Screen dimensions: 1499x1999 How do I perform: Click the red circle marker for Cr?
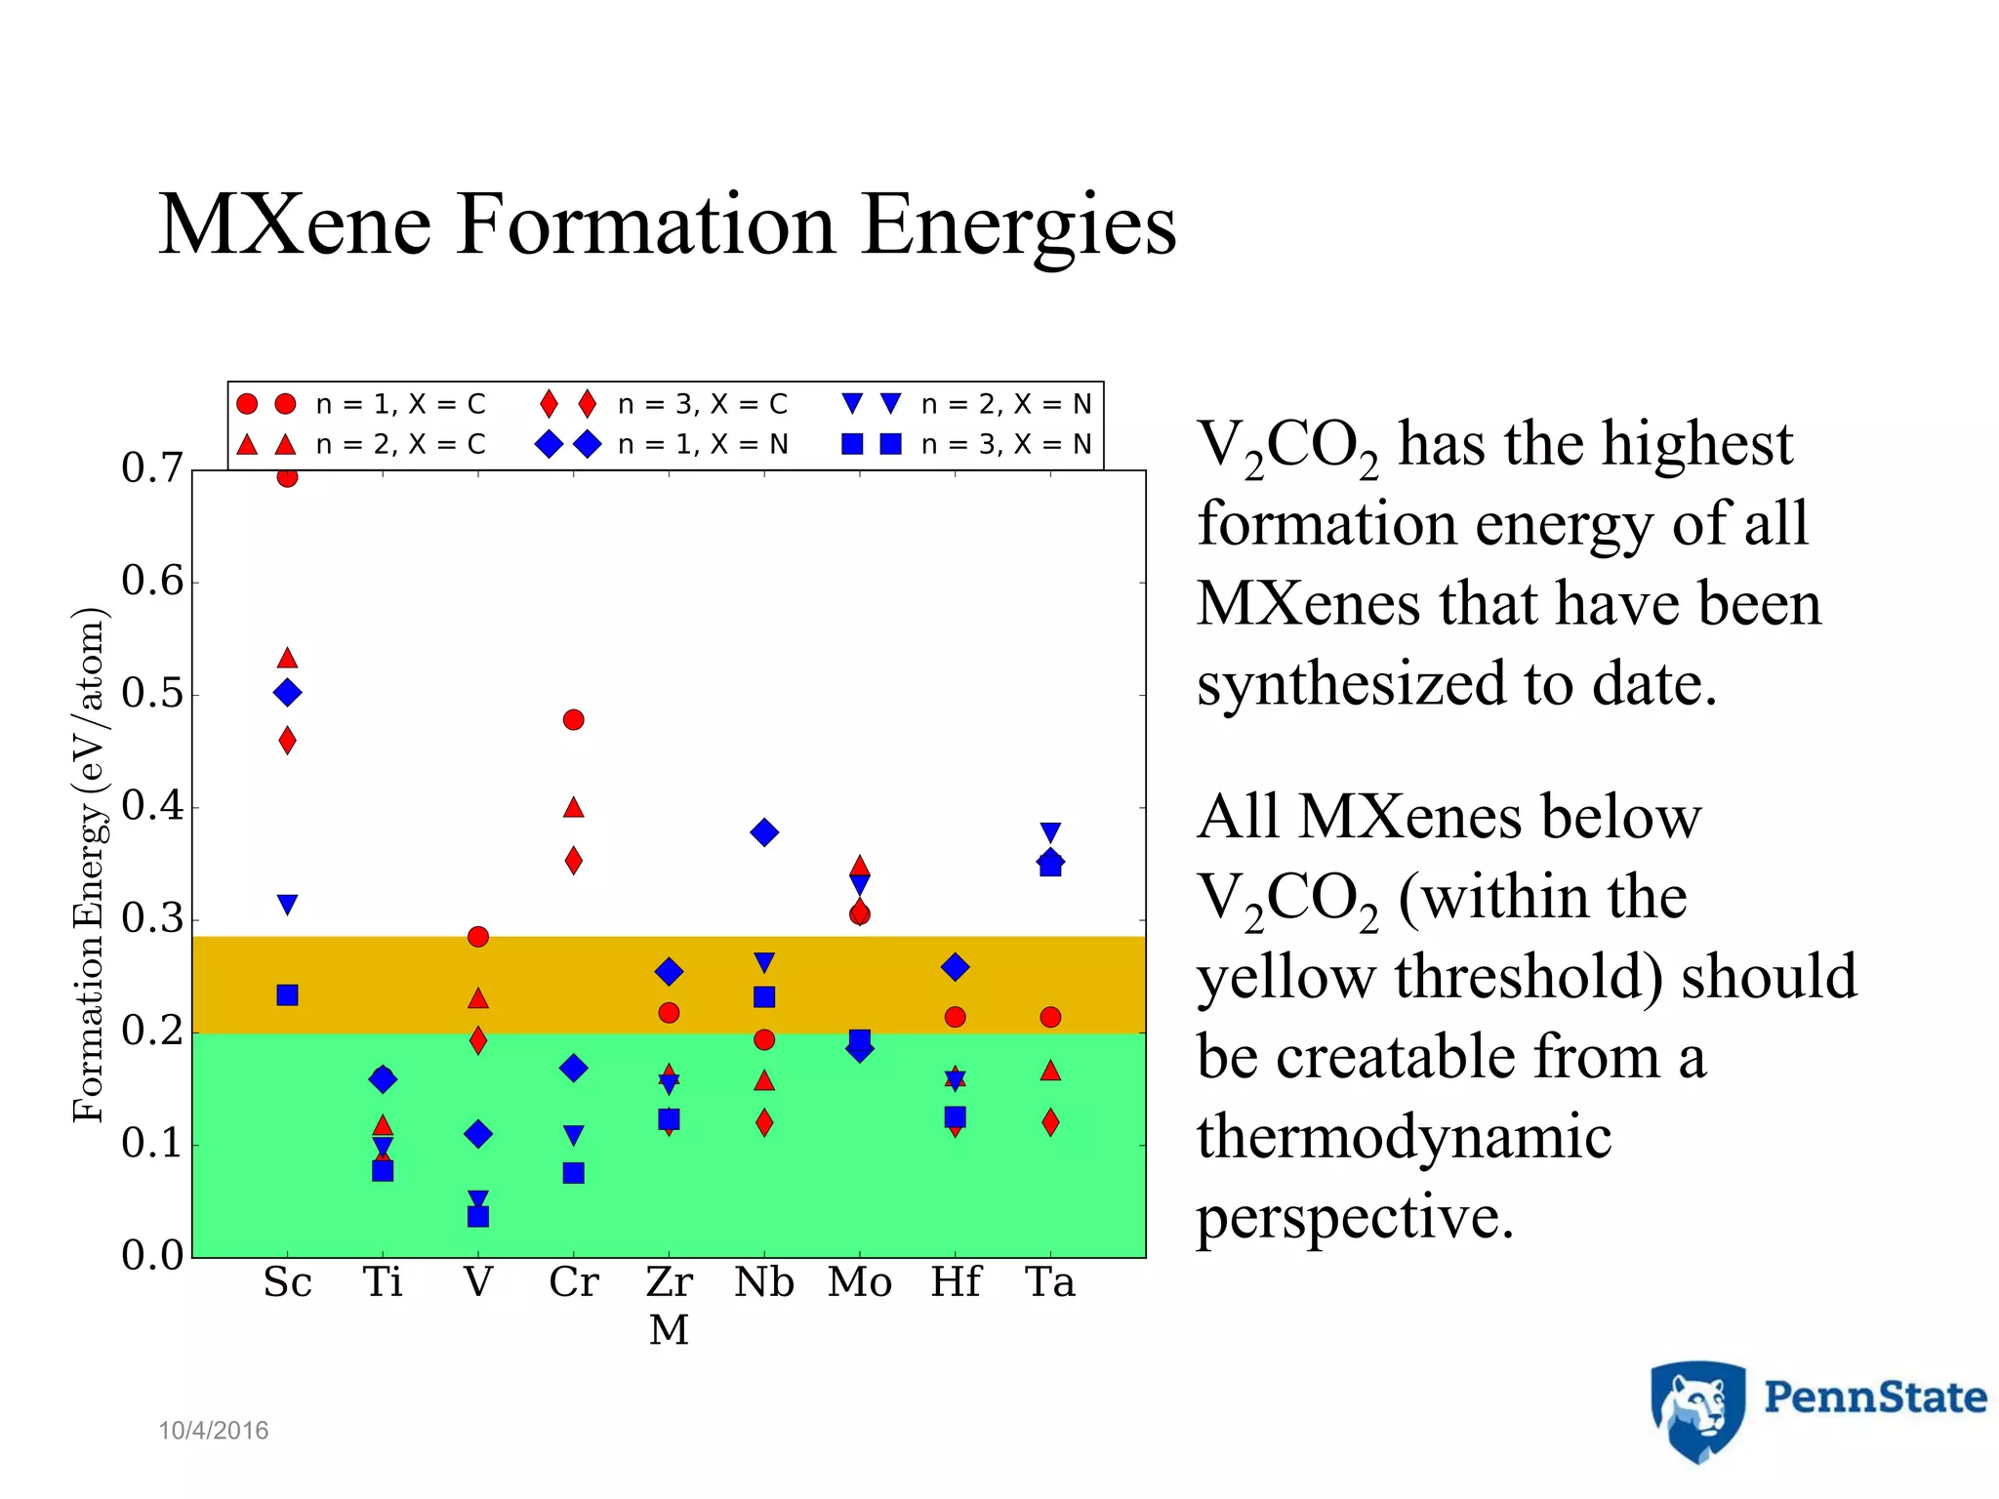coord(573,719)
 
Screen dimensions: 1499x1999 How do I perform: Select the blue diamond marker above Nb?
coord(764,832)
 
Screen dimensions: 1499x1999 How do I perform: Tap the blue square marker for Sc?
coord(287,995)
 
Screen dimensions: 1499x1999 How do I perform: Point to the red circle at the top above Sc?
coord(287,476)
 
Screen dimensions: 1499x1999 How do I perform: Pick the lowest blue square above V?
coord(478,1216)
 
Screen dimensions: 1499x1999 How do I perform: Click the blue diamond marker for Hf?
coord(956,967)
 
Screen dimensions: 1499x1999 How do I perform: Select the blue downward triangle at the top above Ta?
coord(1050,832)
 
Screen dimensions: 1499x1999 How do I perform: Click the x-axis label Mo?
coord(859,1282)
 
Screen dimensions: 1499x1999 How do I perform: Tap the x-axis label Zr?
coord(669,1282)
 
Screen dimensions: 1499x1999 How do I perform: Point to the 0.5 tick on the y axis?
coord(152,694)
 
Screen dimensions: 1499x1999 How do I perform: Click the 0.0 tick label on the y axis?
coord(152,1255)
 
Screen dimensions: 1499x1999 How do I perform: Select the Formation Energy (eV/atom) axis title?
coord(89,865)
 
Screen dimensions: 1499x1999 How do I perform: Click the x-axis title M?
coord(669,1330)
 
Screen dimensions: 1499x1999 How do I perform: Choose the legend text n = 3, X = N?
coord(1005,445)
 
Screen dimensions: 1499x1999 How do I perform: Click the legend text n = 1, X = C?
coord(400,404)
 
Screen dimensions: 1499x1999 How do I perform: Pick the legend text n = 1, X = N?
coord(703,445)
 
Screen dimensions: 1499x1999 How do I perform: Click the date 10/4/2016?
coord(213,1431)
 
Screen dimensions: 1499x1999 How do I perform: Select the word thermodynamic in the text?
coord(1404,1137)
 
